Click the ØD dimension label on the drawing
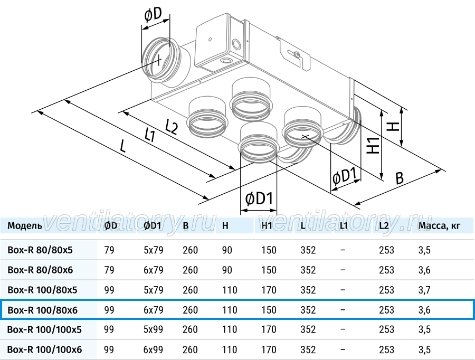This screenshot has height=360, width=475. click(153, 15)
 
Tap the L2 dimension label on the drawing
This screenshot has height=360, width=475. click(172, 127)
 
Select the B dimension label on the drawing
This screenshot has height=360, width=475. click(400, 178)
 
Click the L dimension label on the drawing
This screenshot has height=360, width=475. click(122, 146)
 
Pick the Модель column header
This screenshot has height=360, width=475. click(25, 226)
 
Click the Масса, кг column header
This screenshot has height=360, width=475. click(439, 226)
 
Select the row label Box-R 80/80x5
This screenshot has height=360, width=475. click(40, 250)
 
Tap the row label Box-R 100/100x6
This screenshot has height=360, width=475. click(44, 349)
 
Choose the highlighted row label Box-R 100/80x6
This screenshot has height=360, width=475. click(42, 310)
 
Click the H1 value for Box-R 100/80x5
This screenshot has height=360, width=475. click(269, 290)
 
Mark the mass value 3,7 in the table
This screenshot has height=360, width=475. click(424, 290)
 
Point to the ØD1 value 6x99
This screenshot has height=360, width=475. click(153, 349)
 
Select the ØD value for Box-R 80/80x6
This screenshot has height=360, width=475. click(109, 270)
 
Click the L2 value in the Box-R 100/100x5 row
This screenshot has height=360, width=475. click(386, 329)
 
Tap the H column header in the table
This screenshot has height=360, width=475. click(225, 226)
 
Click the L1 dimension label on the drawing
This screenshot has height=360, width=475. click(150, 135)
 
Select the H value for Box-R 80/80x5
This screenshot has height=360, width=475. click(227, 250)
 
